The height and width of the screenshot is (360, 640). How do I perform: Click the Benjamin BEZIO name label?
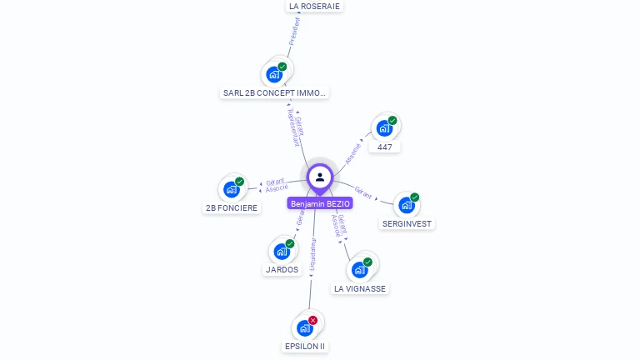point(320,203)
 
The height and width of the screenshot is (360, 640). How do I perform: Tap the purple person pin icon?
point(320,177)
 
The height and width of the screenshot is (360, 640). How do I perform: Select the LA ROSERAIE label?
point(314,6)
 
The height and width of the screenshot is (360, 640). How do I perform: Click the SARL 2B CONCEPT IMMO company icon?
point(274,74)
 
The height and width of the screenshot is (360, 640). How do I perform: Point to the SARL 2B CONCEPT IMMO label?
point(275,93)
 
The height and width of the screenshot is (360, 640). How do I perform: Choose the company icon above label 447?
point(384,128)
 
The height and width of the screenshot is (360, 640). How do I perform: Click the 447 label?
point(384,147)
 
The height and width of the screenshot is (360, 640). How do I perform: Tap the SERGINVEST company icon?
point(407,205)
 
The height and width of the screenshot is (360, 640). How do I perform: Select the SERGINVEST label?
point(408,223)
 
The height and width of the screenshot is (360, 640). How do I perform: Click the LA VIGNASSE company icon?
point(360,270)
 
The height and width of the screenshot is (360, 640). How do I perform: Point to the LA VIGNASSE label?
point(360,288)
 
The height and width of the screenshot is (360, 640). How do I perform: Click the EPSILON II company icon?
point(304,327)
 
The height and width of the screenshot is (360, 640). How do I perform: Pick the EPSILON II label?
point(305,346)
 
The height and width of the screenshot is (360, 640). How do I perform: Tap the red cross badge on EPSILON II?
point(313,320)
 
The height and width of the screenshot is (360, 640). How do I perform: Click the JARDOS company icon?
point(282,251)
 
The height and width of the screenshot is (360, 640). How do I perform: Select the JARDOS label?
point(282,269)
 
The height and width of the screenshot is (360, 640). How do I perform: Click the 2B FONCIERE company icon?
point(232,189)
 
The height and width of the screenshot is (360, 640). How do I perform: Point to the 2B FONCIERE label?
point(232,207)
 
